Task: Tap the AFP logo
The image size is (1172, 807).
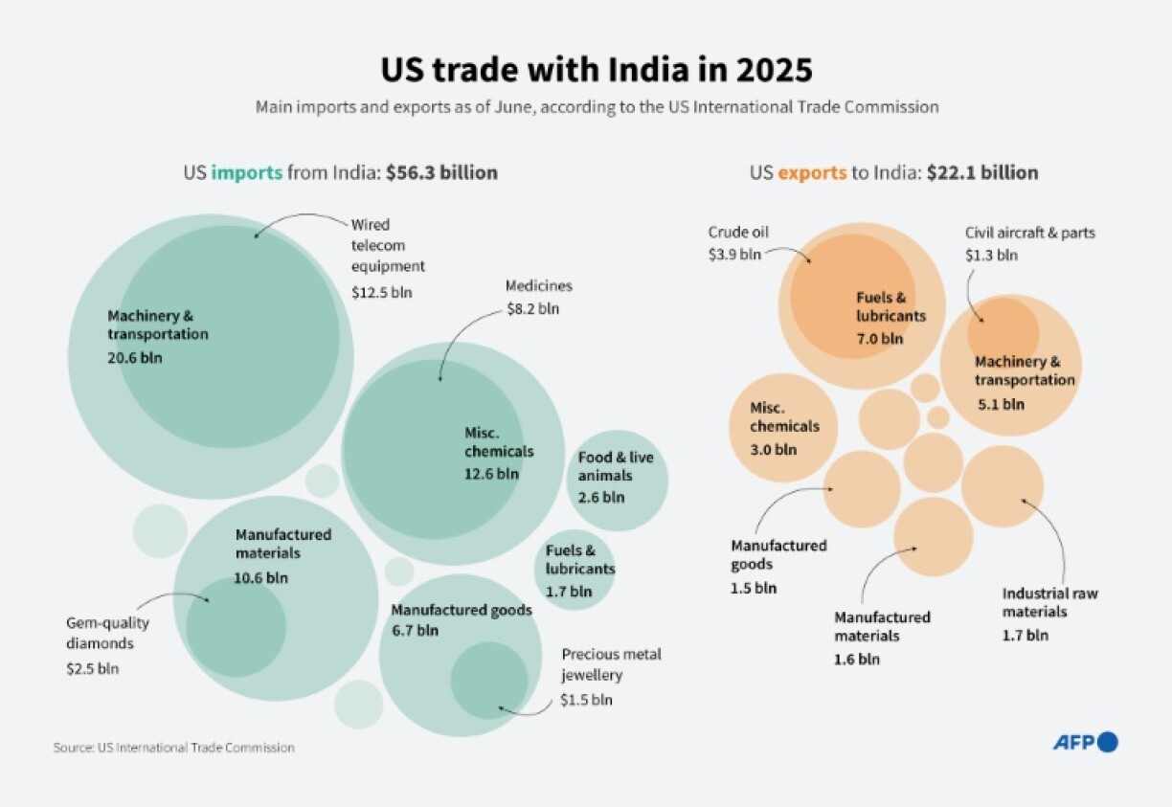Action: pyautogui.click(x=1085, y=742)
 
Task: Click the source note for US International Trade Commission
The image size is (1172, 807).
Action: pyautogui.click(x=173, y=748)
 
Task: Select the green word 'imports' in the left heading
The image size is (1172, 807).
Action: pyautogui.click(x=247, y=173)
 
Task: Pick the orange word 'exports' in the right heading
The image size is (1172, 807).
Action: pyautogui.click(x=812, y=173)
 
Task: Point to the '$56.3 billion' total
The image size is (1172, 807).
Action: pyautogui.click(x=441, y=173)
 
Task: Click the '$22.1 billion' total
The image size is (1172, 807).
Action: pyautogui.click(x=982, y=173)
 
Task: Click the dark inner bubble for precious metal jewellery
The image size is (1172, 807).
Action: pyautogui.click(x=488, y=681)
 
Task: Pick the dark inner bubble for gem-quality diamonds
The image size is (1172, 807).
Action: pyautogui.click(x=236, y=627)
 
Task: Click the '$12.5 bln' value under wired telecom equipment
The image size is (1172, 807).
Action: pyautogui.click(x=382, y=292)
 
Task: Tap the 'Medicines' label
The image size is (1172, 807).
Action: pyautogui.click(x=538, y=286)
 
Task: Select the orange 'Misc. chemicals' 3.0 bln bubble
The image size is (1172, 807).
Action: pyautogui.click(x=784, y=427)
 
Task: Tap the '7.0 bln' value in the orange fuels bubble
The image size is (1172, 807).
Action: pyautogui.click(x=879, y=338)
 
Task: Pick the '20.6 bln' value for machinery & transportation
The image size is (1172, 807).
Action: pyautogui.click(x=135, y=357)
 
